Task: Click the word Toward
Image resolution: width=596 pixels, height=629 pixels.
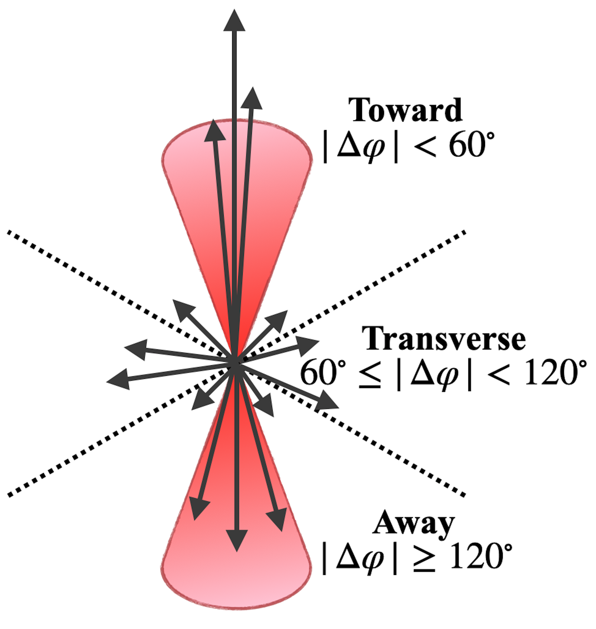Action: coord(405,110)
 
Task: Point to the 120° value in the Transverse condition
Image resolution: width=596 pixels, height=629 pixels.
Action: coord(555,372)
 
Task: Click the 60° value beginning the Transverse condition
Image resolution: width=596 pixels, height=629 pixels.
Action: coord(323,372)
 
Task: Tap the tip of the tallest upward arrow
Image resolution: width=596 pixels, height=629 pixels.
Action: coord(234,10)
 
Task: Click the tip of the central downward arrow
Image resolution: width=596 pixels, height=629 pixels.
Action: coord(237,551)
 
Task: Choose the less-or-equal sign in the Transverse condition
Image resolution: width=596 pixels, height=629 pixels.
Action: coord(370,374)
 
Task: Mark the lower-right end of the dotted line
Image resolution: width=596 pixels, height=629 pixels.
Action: coord(464,495)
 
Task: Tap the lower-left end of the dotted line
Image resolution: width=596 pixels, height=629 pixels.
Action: coord(9,495)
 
